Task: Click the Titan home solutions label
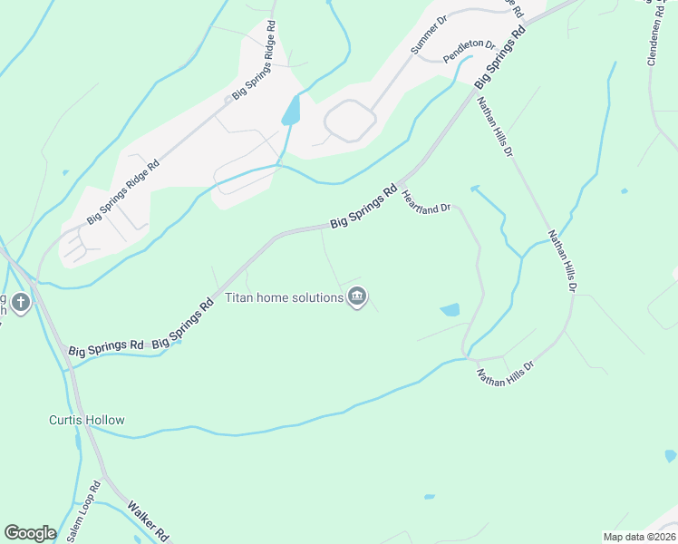pos(284,296)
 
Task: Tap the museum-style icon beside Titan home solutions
pos(357,296)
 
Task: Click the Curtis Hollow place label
pos(86,420)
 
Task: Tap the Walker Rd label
pos(148,519)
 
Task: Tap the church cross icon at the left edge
pos(22,302)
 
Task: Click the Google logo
pos(30,533)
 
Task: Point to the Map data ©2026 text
pos(639,537)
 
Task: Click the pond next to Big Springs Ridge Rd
pos(291,112)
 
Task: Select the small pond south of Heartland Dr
pos(450,310)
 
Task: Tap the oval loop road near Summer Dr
pos(350,121)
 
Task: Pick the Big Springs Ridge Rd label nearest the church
pos(123,192)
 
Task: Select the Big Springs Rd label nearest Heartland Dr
pos(363,207)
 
